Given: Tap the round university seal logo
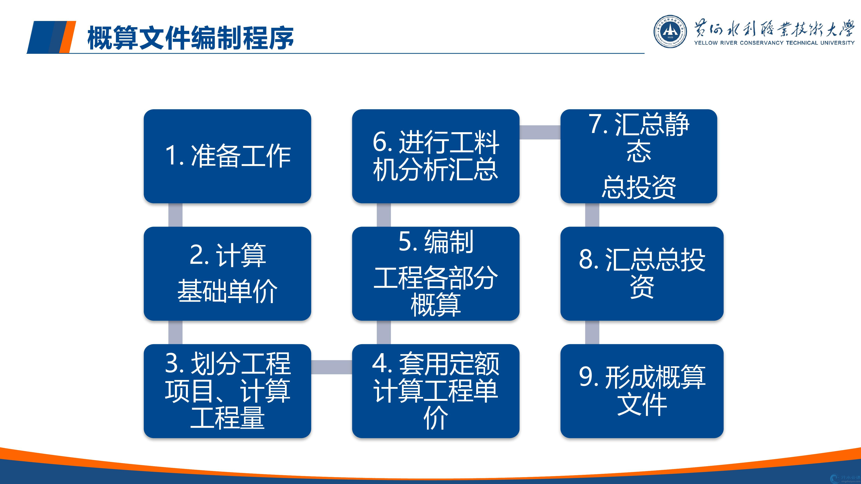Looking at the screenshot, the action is [x=670, y=31].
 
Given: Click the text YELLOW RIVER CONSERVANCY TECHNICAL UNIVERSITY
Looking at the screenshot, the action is [x=774, y=43].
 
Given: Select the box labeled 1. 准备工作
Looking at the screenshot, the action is [x=227, y=156].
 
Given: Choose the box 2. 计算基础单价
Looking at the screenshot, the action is [x=227, y=274].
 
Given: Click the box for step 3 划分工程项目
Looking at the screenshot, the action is [x=227, y=391].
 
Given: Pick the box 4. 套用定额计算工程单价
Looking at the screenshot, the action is [x=436, y=391].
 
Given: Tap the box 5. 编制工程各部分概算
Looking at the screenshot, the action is [x=436, y=274].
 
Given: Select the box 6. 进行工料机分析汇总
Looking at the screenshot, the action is [x=436, y=156].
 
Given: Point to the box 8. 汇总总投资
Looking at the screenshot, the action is [x=642, y=274].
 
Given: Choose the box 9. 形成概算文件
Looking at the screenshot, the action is [x=642, y=391].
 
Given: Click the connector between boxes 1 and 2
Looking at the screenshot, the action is [x=176, y=215].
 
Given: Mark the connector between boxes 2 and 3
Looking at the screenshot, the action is [x=176, y=332].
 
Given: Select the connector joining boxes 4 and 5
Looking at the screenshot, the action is [x=384, y=332].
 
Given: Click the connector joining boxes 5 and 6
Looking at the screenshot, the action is [x=384, y=215].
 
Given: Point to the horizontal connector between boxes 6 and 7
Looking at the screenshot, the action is [x=540, y=132].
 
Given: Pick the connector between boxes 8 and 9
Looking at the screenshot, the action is [x=592, y=332].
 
